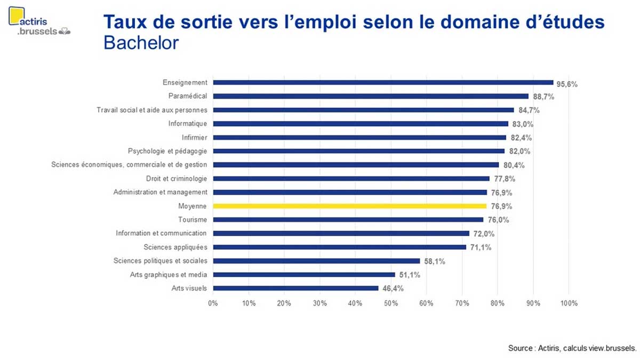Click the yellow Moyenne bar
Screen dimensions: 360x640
coord(350,206)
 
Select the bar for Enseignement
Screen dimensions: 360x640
coord(383,83)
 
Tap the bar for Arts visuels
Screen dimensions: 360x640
coord(295,288)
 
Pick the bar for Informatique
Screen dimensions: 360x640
coord(361,124)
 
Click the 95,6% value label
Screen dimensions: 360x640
coord(567,84)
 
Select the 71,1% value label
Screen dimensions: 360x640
coord(480,247)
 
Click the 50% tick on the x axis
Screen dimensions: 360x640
coord(391,303)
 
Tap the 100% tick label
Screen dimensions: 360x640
coord(569,303)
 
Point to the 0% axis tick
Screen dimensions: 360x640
coord(213,303)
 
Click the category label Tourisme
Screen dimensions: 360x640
coord(193,220)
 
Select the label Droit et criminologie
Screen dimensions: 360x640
coord(177,179)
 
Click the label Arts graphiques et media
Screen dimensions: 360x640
coord(169,275)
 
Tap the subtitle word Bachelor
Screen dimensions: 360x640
coord(141,43)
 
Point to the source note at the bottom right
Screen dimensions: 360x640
coord(572,348)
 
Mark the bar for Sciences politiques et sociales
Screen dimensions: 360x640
coord(316,261)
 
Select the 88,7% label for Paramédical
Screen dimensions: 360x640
coord(543,97)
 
